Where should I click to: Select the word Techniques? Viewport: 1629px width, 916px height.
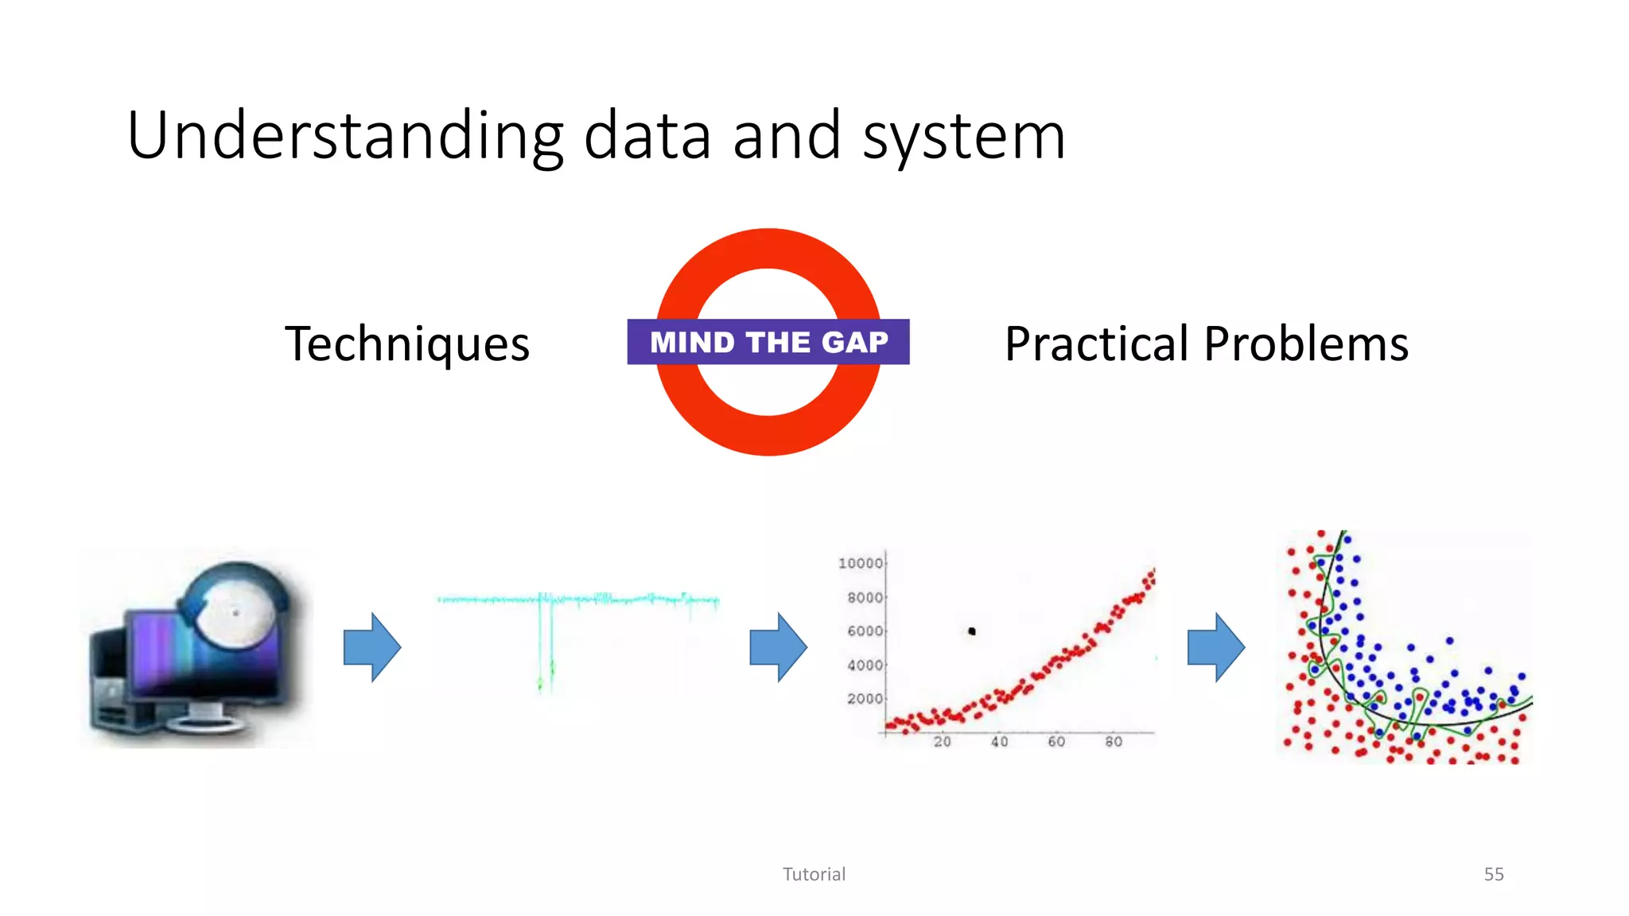[407, 343]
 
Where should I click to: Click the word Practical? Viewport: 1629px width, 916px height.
[1098, 343]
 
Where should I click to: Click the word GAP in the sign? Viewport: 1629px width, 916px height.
[854, 342]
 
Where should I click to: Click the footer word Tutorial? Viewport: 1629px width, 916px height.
[814, 874]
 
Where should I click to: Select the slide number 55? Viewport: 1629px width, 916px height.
[1493, 874]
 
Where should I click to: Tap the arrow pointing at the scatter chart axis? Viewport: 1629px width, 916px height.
[778, 646]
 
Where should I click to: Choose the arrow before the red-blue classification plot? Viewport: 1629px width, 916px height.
[1215, 646]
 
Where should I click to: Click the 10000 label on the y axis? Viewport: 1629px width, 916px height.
[861, 563]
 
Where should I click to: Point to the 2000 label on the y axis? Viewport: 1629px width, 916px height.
[865, 698]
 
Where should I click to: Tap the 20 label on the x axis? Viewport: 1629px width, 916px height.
[942, 741]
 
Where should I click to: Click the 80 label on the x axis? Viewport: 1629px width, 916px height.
[1114, 741]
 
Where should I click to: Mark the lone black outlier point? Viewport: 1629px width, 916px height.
[972, 631]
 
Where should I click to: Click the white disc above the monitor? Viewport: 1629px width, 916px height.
[235, 612]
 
